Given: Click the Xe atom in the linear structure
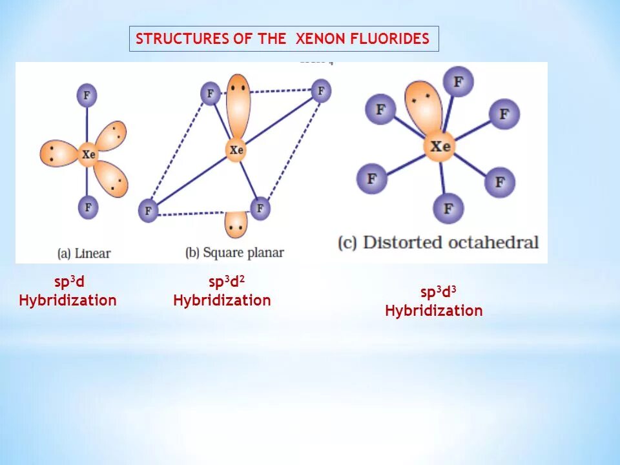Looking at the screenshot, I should click(x=88, y=154).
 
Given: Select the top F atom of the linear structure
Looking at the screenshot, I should click(x=87, y=96).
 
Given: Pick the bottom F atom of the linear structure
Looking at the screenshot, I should click(x=87, y=207).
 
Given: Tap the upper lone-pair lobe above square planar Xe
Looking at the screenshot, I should click(x=238, y=103).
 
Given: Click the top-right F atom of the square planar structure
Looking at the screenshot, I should click(x=321, y=90).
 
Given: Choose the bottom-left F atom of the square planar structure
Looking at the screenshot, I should click(x=149, y=211).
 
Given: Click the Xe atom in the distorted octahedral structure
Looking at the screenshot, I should click(x=440, y=147).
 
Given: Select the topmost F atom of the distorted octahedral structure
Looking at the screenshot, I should click(x=458, y=82).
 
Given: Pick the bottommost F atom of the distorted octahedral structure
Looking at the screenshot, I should click(x=448, y=208).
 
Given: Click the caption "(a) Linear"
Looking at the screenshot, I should click(x=83, y=253).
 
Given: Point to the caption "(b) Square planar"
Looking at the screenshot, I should click(x=234, y=253).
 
